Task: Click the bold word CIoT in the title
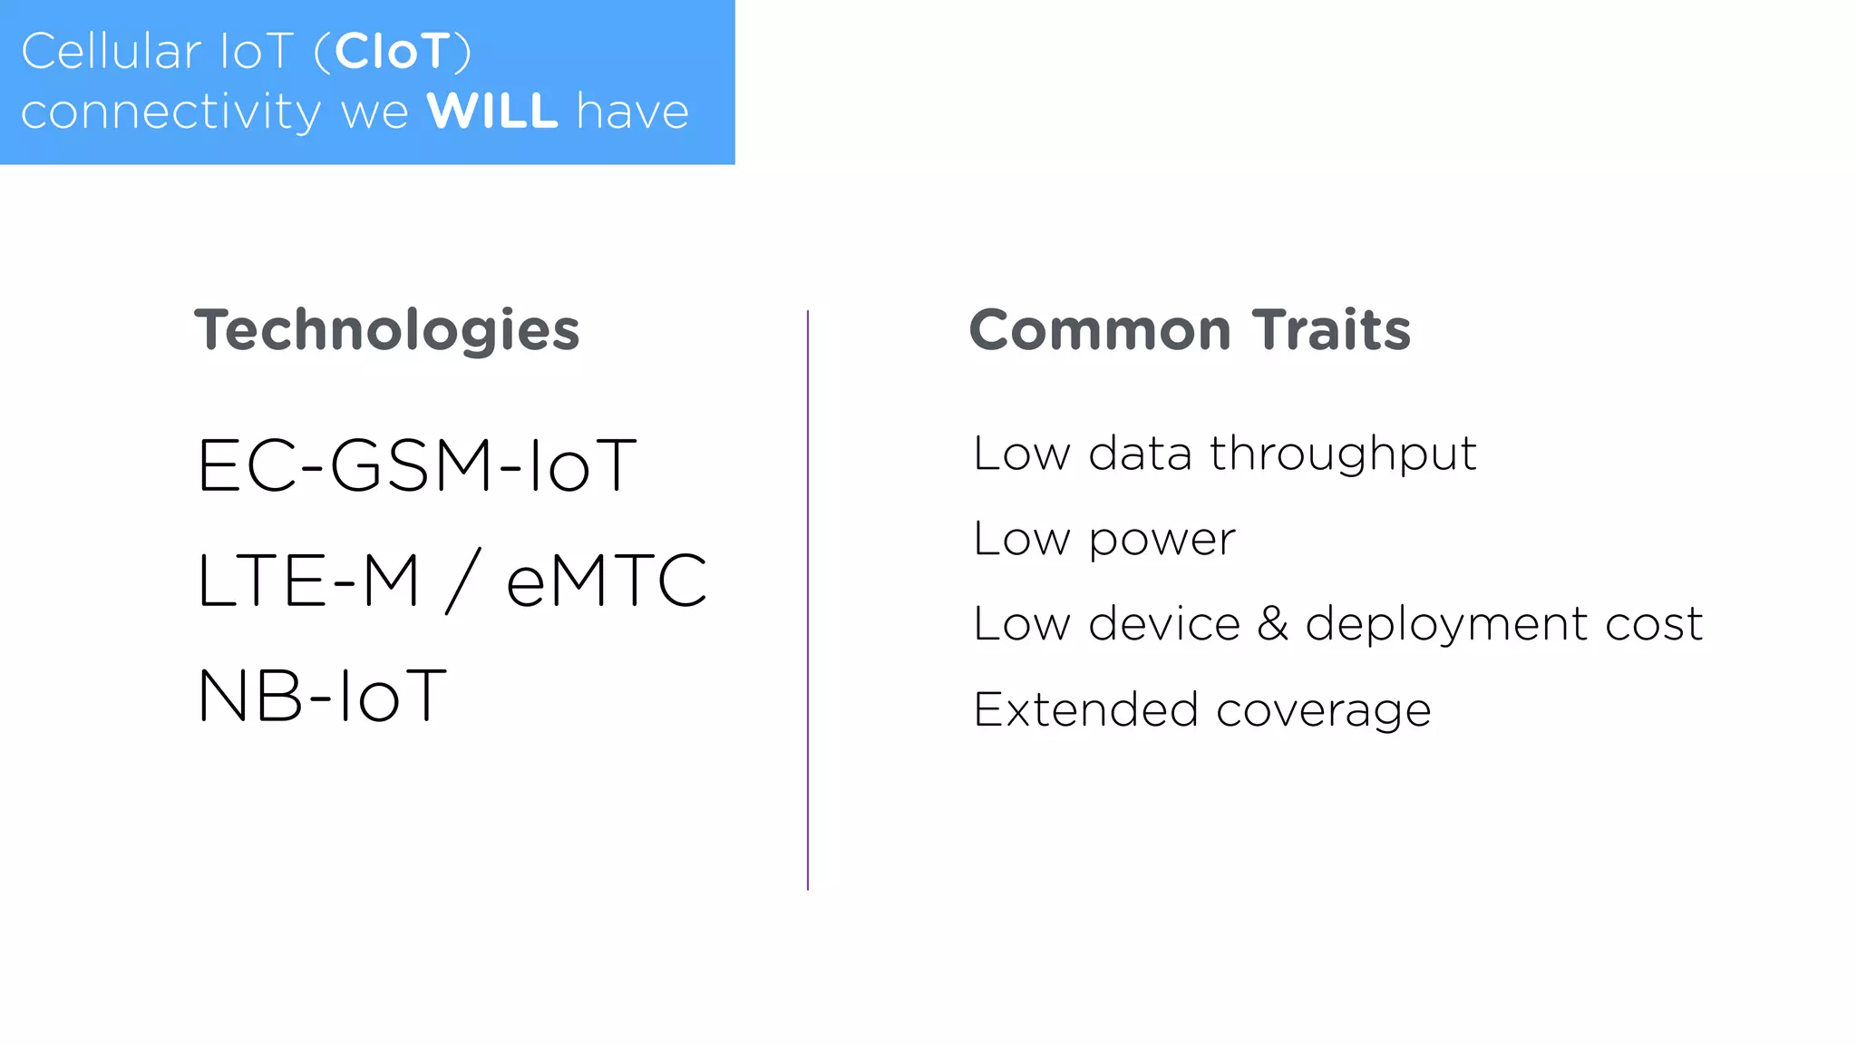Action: click(x=393, y=52)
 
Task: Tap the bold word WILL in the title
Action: click(x=492, y=112)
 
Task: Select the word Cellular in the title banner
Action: click(x=111, y=52)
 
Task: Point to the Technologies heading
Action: click(x=386, y=330)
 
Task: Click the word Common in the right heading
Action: click(x=1100, y=330)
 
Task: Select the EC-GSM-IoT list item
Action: click(x=416, y=465)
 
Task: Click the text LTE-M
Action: click(x=308, y=581)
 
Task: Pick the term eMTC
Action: click(x=606, y=581)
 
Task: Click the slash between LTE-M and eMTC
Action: click(x=462, y=581)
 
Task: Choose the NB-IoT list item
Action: click(x=322, y=697)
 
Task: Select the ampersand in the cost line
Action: click(x=1273, y=624)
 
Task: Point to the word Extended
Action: click(x=1085, y=709)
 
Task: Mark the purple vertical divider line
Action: click(x=807, y=599)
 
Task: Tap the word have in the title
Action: click(x=633, y=112)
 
